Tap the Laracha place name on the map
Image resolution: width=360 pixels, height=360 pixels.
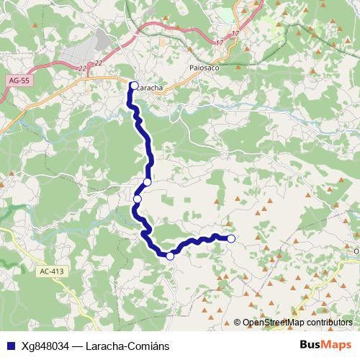[150, 86]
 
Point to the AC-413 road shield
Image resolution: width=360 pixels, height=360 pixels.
[53, 271]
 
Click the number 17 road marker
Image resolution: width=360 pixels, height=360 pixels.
[236, 35]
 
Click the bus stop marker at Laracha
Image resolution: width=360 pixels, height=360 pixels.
[134, 86]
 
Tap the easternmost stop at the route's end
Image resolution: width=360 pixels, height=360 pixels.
[231, 238]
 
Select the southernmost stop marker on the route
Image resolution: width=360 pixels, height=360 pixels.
[170, 256]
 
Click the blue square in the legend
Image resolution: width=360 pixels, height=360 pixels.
[10, 344]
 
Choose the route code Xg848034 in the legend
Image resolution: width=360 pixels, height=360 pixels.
[46, 344]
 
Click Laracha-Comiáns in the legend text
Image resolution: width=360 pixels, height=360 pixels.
[130, 344]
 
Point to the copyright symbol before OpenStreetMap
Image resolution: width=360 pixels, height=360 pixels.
[238, 323]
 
